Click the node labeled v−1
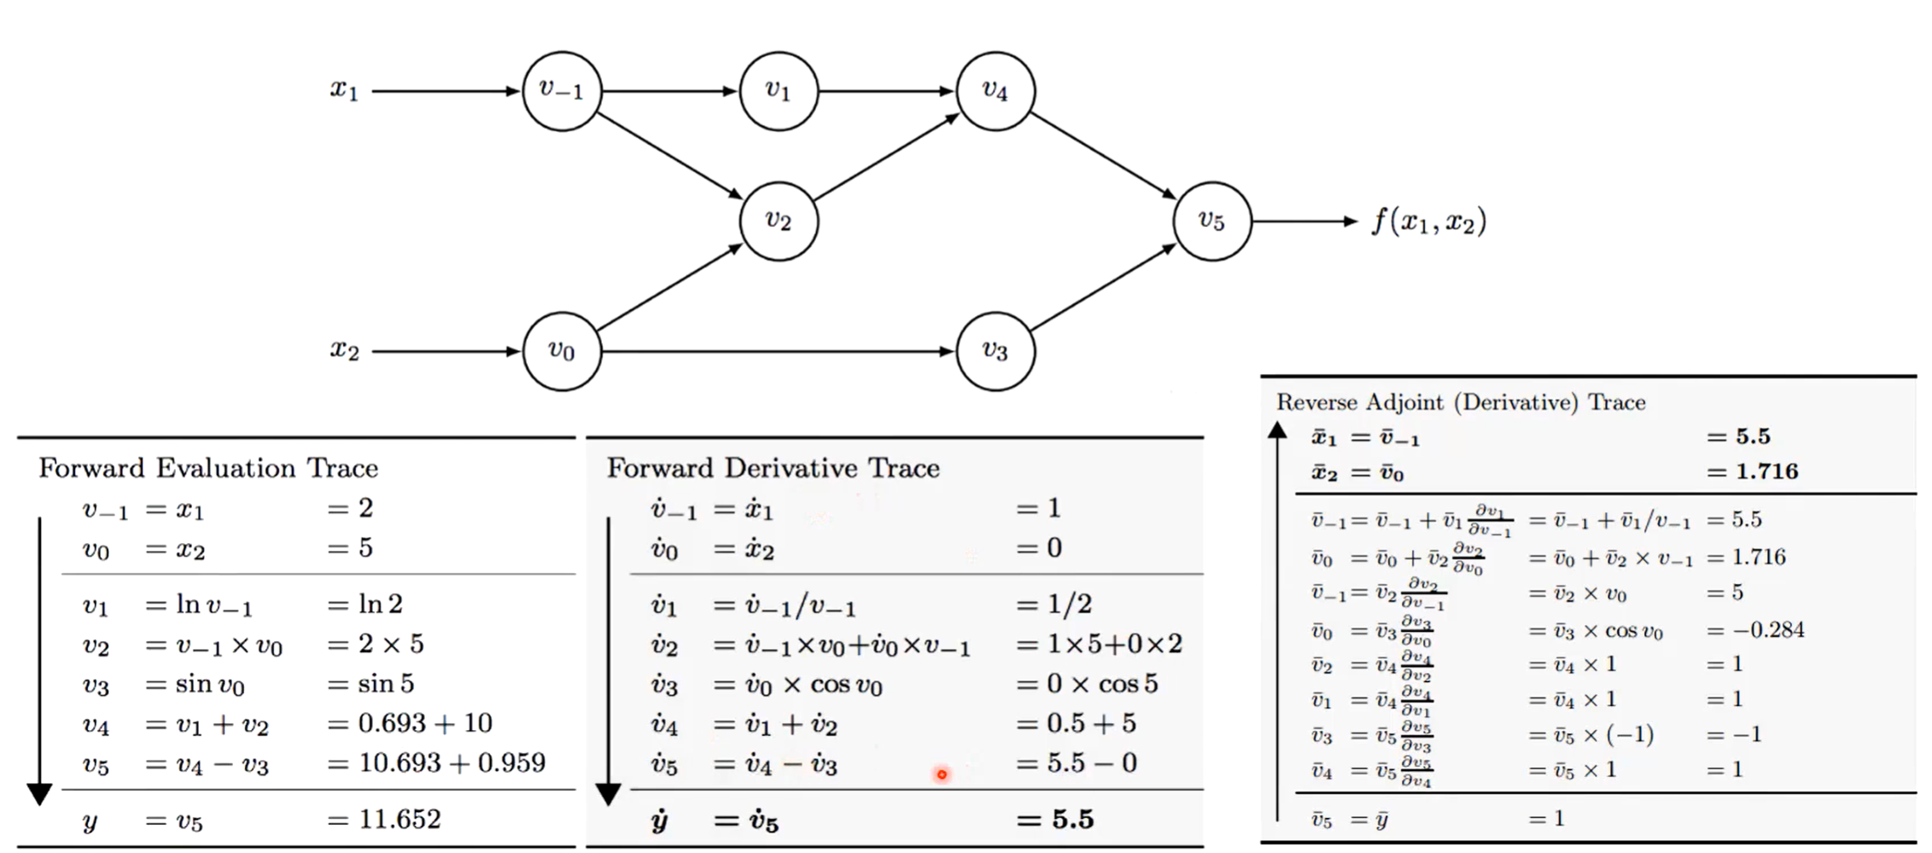point(561,91)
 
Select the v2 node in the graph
point(779,221)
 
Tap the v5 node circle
point(1211,221)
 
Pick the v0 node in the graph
point(561,351)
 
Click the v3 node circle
point(995,351)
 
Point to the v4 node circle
point(995,91)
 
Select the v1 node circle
point(779,91)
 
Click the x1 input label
point(344,90)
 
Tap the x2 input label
point(344,350)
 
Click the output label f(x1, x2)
point(1428,221)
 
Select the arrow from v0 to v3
point(777,351)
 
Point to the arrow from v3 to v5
point(1103,288)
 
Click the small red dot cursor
point(942,774)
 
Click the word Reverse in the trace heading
point(1316,402)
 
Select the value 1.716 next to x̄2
point(1766,471)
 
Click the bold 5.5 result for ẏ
point(1072,821)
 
